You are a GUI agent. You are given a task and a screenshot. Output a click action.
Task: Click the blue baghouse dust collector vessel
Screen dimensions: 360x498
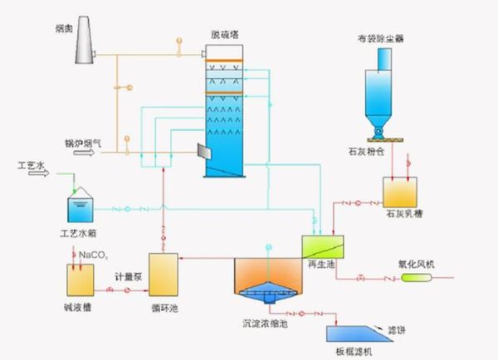(381, 91)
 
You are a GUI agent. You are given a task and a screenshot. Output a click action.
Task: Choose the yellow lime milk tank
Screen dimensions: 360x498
(399, 191)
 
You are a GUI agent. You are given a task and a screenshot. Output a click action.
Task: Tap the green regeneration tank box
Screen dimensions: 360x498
(320, 246)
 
